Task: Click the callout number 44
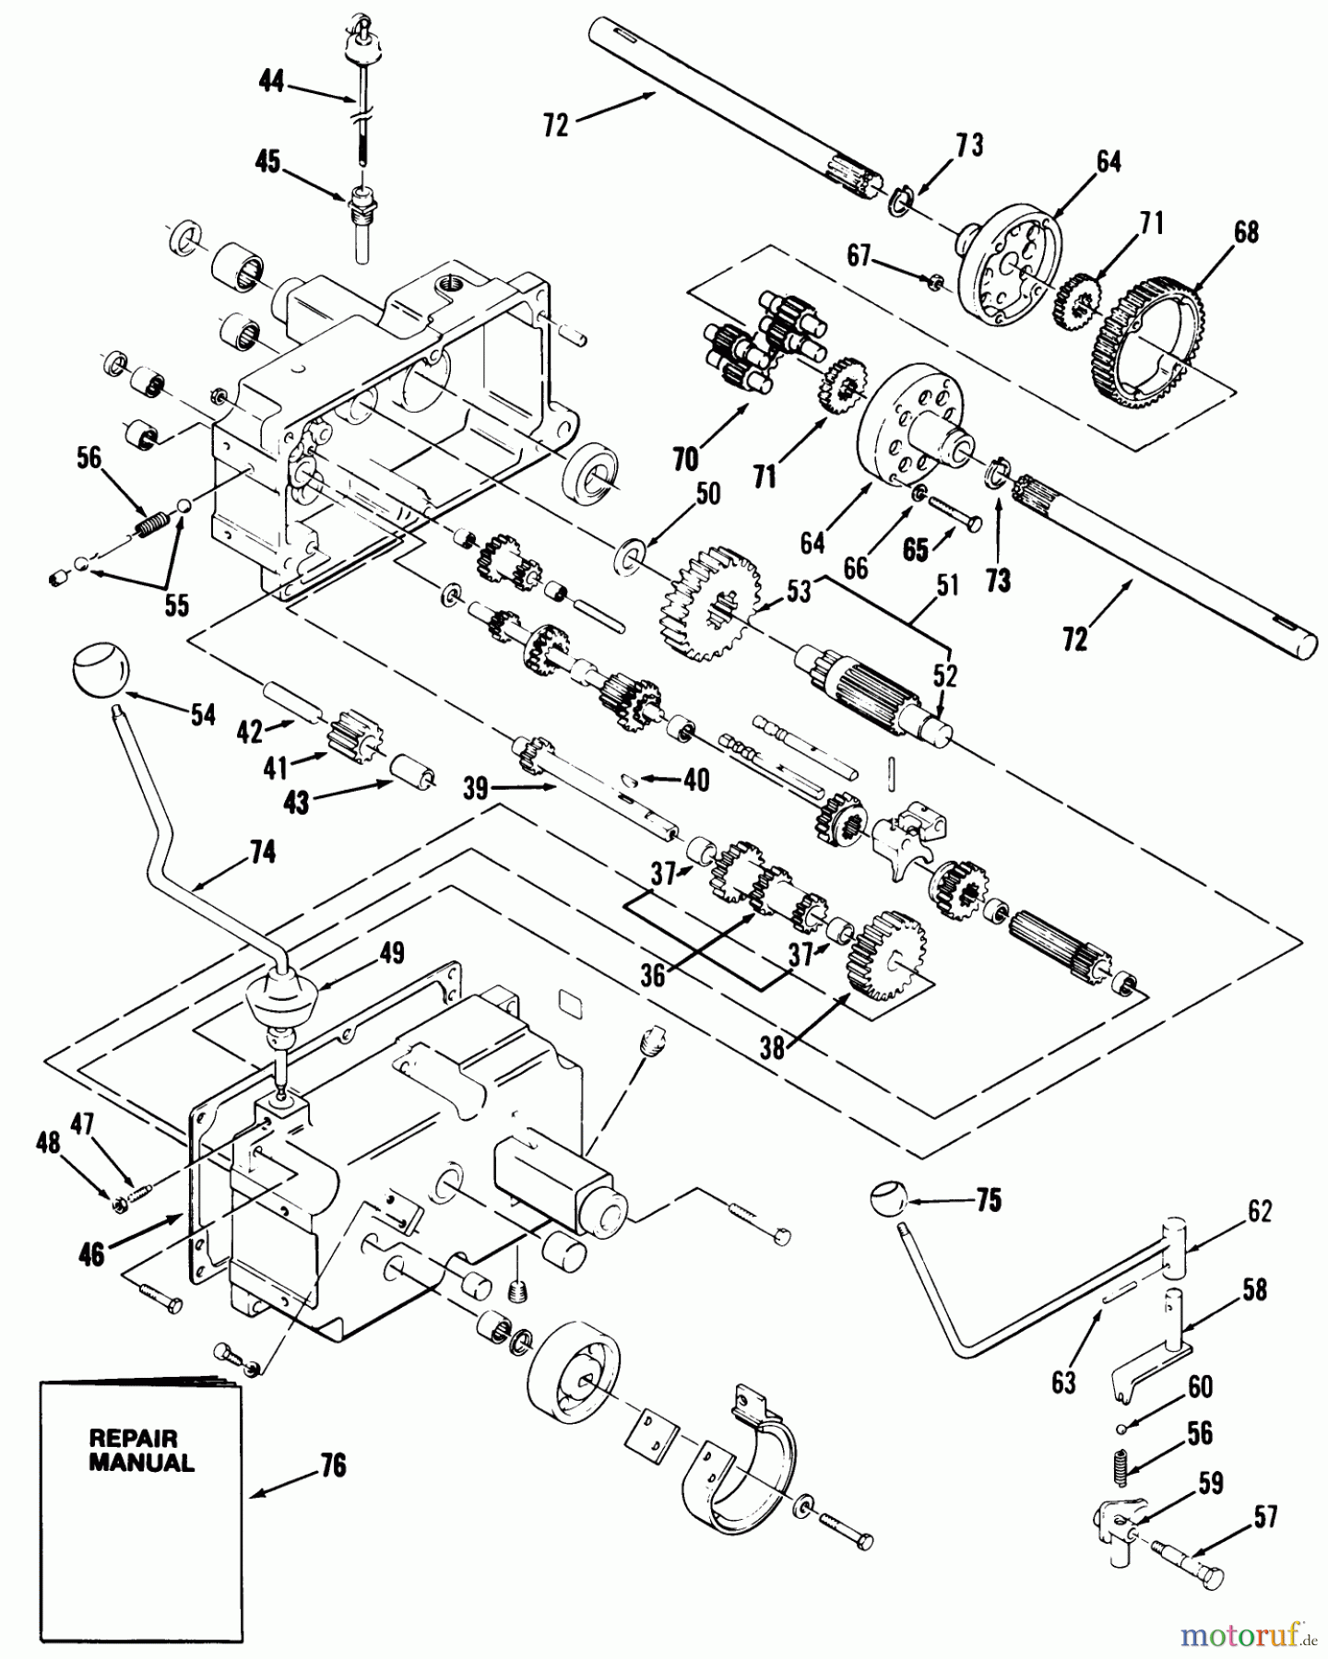[271, 82]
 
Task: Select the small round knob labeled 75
[888, 1201]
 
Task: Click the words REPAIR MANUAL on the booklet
[141, 1450]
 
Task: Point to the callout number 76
[332, 1465]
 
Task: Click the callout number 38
[773, 1047]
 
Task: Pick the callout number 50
[707, 495]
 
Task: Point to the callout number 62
[1258, 1211]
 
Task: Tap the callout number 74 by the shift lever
[262, 853]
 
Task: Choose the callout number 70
[686, 458]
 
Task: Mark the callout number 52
[945, 677]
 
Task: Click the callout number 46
[92, 1255]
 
